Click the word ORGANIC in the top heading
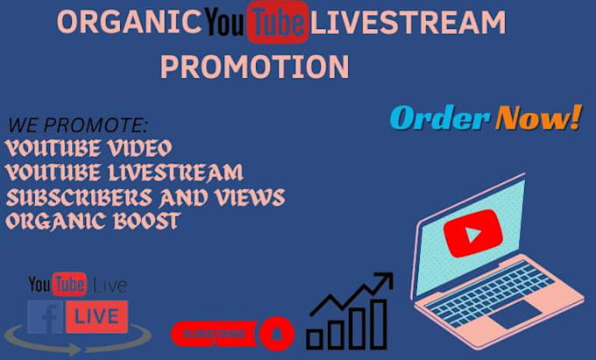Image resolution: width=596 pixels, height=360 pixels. [x=129, y=24]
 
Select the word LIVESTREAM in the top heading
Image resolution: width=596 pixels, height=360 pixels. [x=408, y=24]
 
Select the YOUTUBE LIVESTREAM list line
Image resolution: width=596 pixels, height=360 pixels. [x=124, y=172]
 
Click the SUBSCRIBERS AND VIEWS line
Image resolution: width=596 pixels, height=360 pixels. [x=145, y=196]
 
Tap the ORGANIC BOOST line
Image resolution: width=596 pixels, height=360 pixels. [x=92, y=220]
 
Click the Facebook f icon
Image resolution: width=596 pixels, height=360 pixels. [x=46, y=316]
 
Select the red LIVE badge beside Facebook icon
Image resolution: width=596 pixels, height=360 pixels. [x=96, y=316]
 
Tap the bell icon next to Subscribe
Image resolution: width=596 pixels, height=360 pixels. [x=277, y=334]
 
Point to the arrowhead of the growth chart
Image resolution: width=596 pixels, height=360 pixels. [x=383, y=279]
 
